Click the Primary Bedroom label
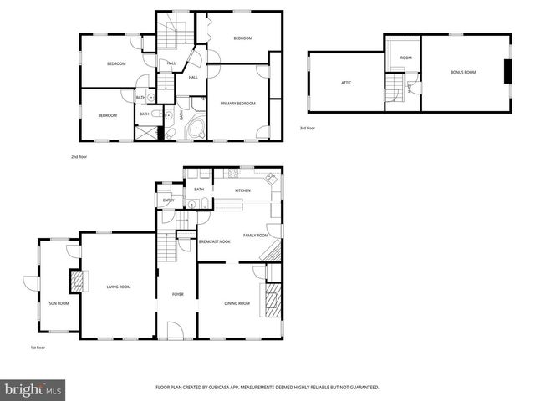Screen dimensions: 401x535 (238, 103)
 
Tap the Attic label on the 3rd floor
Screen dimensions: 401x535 (345, 82)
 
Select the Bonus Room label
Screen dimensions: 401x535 (462, 72)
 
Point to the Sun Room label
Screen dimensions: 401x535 (59, 302)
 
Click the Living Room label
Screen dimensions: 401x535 (118, 287)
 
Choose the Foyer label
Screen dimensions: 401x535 (177, 294)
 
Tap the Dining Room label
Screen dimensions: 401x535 (237, 302)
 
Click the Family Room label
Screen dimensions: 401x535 (255, 236)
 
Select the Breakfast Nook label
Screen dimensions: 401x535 (214, 241)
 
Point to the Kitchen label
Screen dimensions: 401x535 (242, 190)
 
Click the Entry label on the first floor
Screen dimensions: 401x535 (168, 200)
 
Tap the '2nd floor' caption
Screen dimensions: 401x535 (79, 156)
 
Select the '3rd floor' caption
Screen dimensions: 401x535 (308, 128)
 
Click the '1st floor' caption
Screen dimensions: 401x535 (37, 347)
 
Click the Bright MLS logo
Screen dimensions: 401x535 (33, 389)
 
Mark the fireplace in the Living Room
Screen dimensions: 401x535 (78, 282)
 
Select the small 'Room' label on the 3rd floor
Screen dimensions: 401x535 (405, 58)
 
